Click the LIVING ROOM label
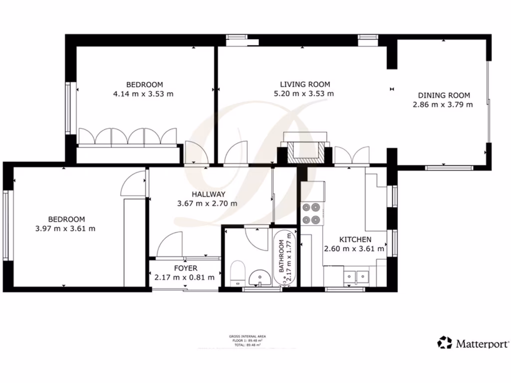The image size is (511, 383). (304, 84)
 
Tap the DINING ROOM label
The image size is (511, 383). (444, 95)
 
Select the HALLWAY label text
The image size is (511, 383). (208, 194)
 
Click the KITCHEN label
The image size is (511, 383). (355, 239)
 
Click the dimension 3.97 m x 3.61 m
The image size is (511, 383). (65, 228)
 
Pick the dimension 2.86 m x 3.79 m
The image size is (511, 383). (443, 105)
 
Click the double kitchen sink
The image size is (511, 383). (355, 275)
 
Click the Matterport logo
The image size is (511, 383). (473, 343)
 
